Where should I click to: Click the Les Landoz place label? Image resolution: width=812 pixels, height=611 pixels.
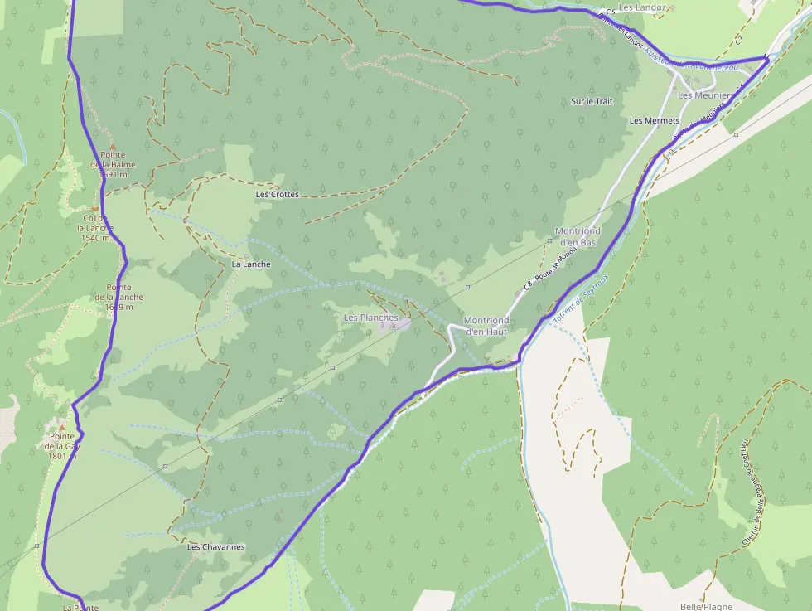point(642,8)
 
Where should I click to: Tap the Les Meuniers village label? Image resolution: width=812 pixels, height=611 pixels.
point(704,95)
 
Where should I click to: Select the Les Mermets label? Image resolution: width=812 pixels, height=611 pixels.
point(655,121)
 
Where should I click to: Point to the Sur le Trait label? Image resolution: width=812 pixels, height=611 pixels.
point(592,101)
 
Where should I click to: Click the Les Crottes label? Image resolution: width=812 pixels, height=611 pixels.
point(277,195)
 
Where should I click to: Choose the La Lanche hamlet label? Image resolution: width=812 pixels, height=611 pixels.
point(251,264)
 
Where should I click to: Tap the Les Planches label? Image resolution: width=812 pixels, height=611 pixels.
point(370,318)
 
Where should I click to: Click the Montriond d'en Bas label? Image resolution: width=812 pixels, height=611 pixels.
point(577,236)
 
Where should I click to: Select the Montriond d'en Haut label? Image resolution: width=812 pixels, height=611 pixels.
point(486,326)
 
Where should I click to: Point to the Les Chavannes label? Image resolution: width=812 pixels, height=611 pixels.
point(215,547)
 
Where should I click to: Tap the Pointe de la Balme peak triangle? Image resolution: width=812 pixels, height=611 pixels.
point(113,145)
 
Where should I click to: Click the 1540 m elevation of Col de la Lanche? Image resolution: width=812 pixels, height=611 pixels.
point(96,238)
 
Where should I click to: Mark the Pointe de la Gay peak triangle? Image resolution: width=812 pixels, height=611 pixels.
point(61,427)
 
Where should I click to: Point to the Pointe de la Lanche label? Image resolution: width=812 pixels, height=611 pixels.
point(118,297)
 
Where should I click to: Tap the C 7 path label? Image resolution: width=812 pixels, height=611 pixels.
point(739,39)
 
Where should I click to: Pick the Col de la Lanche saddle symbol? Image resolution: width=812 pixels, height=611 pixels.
point(95,208)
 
